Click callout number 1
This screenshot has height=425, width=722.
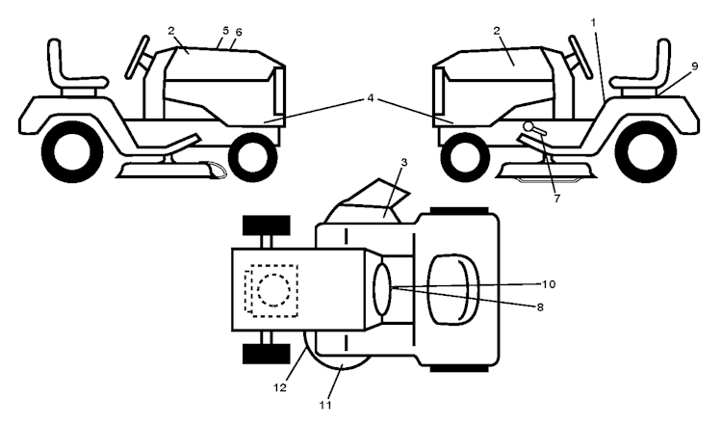[x=594, y=22]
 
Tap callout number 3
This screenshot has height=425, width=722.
[x=403, y=162]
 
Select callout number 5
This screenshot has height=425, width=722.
[x=225, y=31]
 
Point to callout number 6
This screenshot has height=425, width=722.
[x=238, y=32]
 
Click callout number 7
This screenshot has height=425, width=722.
[x=556, y=199]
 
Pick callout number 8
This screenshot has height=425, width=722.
[x=540, y=307]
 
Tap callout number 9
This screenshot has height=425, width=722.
[x=694, y=66]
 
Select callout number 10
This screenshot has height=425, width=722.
[x=548, y=284]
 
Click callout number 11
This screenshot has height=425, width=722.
[x=325, y=405]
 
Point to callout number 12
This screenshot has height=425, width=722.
[x=280, y=387]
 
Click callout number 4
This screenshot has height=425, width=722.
[x=371, y=98]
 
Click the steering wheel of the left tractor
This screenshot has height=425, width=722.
[x=138, y=56]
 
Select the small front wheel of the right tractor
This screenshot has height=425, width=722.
[x=465, y=157]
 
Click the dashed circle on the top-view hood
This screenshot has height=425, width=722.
[x=273, y=289]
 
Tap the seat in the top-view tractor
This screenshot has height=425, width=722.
[x=453, y=289]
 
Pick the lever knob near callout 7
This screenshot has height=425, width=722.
[x=528, y=126]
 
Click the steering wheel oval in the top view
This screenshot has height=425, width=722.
[x=382, y=289]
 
